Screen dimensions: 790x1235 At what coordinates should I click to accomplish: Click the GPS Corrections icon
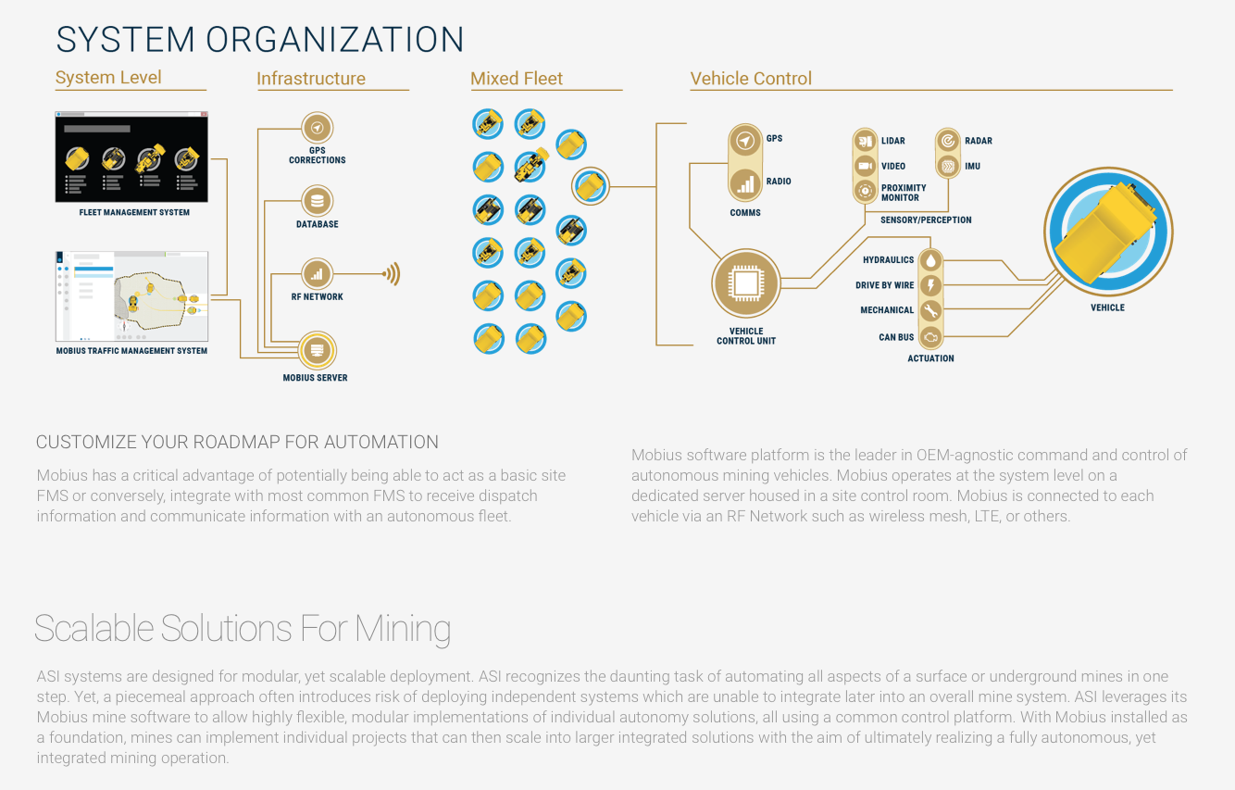318,128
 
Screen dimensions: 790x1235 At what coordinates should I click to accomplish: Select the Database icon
318,201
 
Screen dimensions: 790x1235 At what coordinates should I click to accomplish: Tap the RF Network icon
318,274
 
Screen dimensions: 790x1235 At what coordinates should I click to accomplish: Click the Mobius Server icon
317,351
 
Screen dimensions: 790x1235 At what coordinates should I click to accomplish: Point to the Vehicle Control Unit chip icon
746,283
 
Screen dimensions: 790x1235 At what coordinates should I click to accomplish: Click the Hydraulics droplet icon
930,260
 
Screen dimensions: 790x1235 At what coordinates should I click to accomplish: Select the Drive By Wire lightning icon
930,285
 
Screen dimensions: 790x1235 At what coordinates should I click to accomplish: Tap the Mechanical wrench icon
930,310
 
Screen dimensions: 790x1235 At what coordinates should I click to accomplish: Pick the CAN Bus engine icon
930,337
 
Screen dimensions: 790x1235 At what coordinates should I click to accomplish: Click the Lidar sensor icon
866,141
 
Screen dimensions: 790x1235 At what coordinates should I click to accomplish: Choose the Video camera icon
866,166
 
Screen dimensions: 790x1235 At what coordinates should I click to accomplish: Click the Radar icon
948,141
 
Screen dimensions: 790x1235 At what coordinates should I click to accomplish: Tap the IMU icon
948,166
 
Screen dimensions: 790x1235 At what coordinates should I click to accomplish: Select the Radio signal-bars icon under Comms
745,183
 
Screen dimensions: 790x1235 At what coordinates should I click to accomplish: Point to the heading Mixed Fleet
517,79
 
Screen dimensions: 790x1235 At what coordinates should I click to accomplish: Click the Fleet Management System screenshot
131,157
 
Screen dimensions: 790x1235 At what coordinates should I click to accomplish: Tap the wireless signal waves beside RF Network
393,274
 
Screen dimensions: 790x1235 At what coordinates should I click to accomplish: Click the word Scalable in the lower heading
94,629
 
